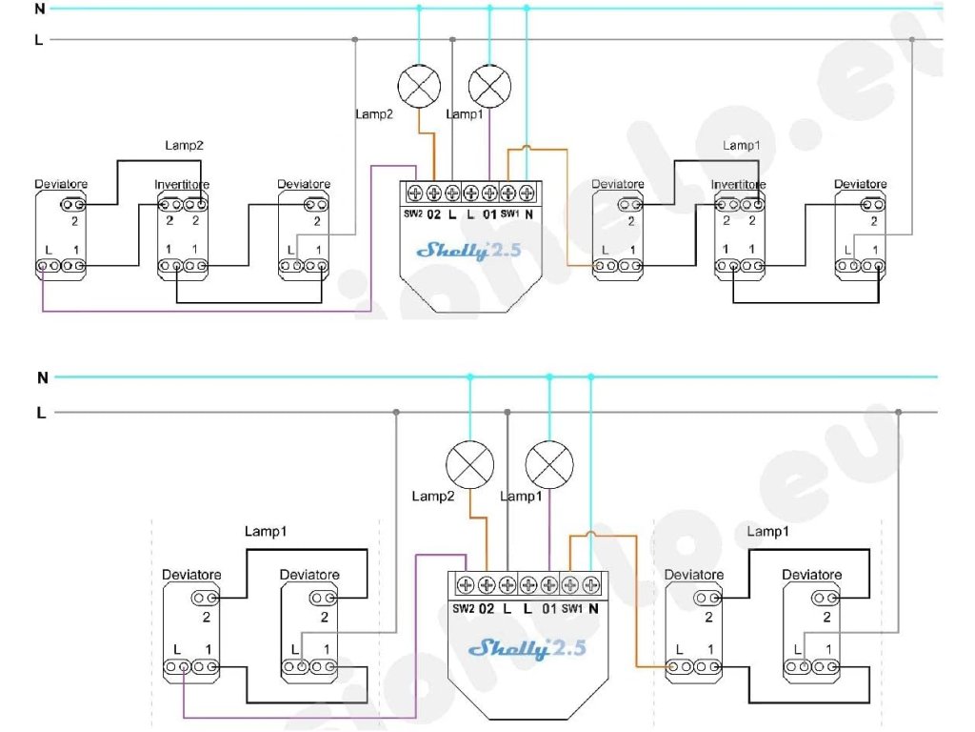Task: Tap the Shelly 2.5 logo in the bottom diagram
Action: click(527, 649)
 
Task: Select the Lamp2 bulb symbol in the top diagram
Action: click(420, 89)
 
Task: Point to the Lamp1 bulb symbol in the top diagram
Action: click(491, 89)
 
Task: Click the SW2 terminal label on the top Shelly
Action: click(412, 213)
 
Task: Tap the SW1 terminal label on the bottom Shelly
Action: click(570, 608)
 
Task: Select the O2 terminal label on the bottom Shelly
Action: click(486, 608)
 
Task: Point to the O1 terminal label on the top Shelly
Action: click(489, 213)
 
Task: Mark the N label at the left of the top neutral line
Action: click(39, 10)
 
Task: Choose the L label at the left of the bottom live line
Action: click(41, 413)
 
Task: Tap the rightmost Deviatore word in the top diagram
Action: click(861, 184)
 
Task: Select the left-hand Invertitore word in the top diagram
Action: click(182, 184)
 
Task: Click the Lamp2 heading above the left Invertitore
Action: click(185, 146)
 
